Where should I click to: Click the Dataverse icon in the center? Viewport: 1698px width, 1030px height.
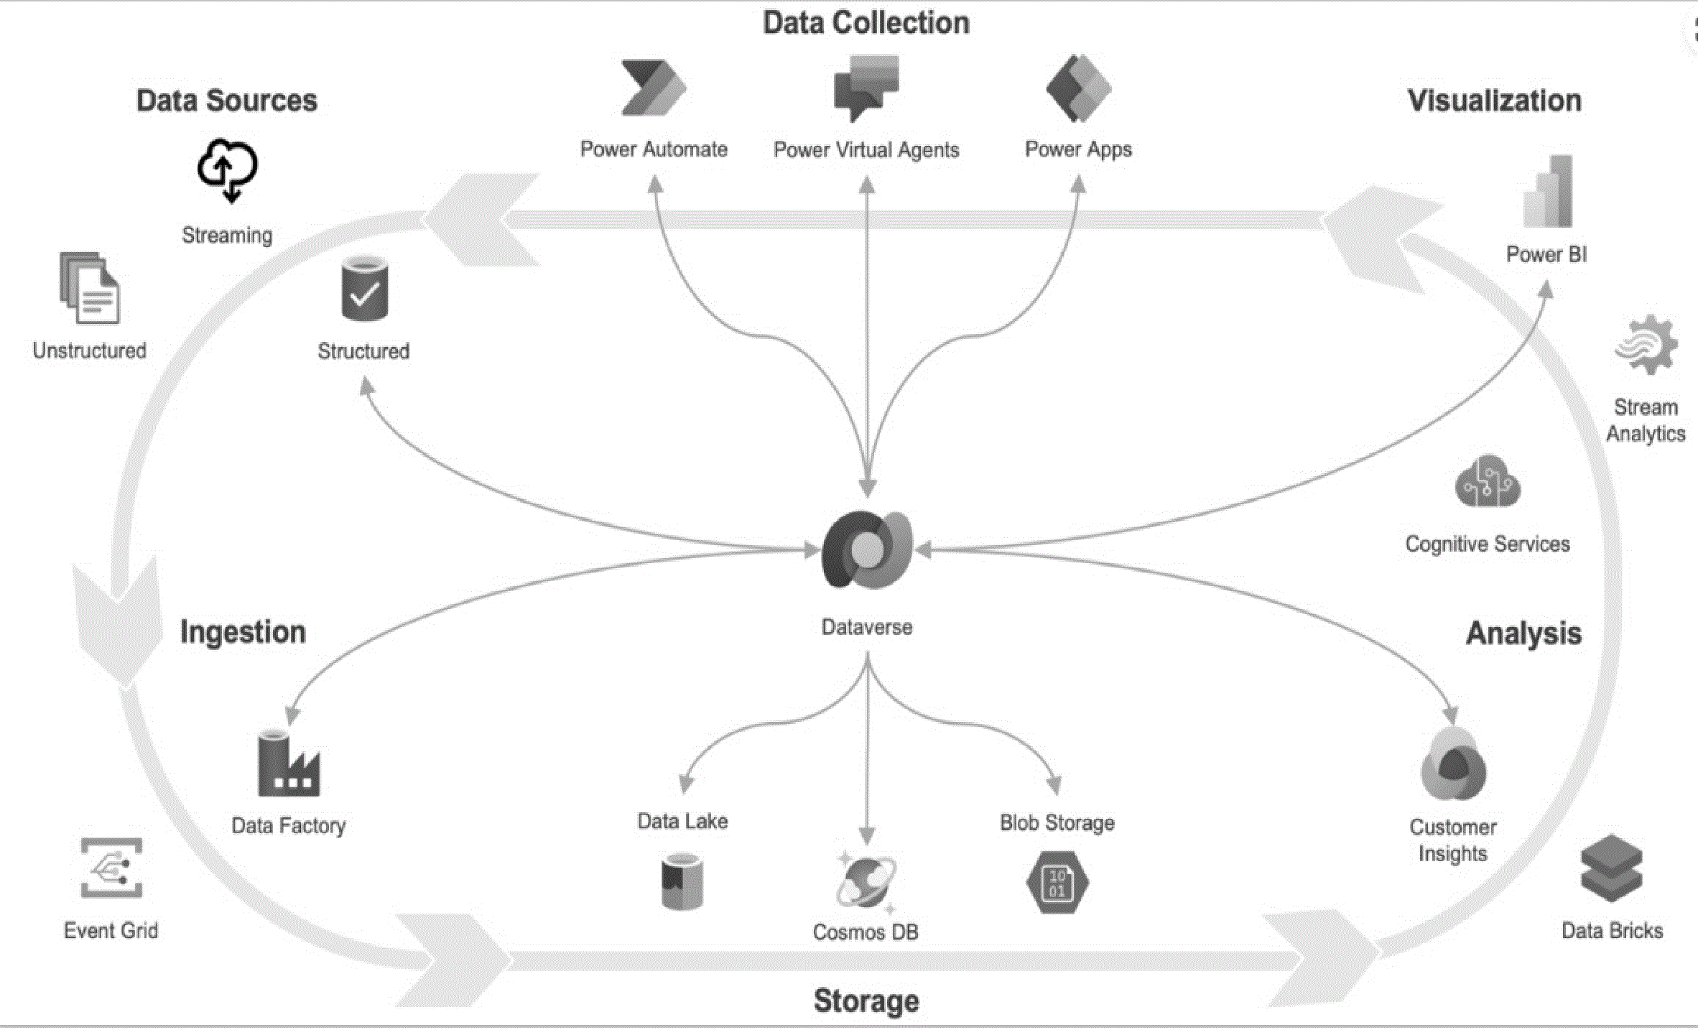pos(867,549)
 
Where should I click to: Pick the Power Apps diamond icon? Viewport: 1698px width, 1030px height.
pos(1078,88)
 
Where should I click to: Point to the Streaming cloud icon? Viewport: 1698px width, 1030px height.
pos(228,170)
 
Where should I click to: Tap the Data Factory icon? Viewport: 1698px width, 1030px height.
pos(289,763)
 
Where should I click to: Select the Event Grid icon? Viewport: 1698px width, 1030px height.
pos(111,868)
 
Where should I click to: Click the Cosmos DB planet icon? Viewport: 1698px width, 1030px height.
pos(866,882)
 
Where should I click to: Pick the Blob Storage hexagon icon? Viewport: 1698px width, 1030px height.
pos(1057,883)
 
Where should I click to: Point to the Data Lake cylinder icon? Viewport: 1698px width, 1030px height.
pos(682,881)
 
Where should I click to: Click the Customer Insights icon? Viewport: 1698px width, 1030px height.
pos(1453,764)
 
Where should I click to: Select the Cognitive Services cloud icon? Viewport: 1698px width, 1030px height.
pos(1488,481)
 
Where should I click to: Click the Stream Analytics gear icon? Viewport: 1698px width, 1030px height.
pos(1646,345)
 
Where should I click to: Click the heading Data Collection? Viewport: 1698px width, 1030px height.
pos(866,23)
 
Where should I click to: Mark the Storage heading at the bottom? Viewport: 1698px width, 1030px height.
pos(866,1001)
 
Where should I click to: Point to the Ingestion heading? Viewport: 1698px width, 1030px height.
pos(243,632)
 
